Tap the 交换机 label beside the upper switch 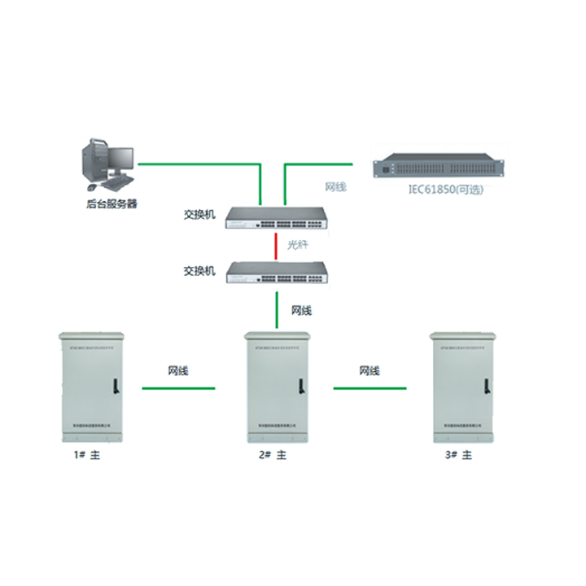click(x=199, y=215)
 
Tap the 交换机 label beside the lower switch click(x=199, y=270)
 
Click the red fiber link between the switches click(x=277, y=246)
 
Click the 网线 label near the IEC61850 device click(x=335, y=187)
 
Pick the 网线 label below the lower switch click(x=301, y=310)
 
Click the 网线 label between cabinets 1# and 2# click(x=178, y=371)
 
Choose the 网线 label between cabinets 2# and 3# click(x=370, y=371)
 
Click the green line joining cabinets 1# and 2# click(x=179, y=388)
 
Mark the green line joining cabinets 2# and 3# click(x=370, y=388)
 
